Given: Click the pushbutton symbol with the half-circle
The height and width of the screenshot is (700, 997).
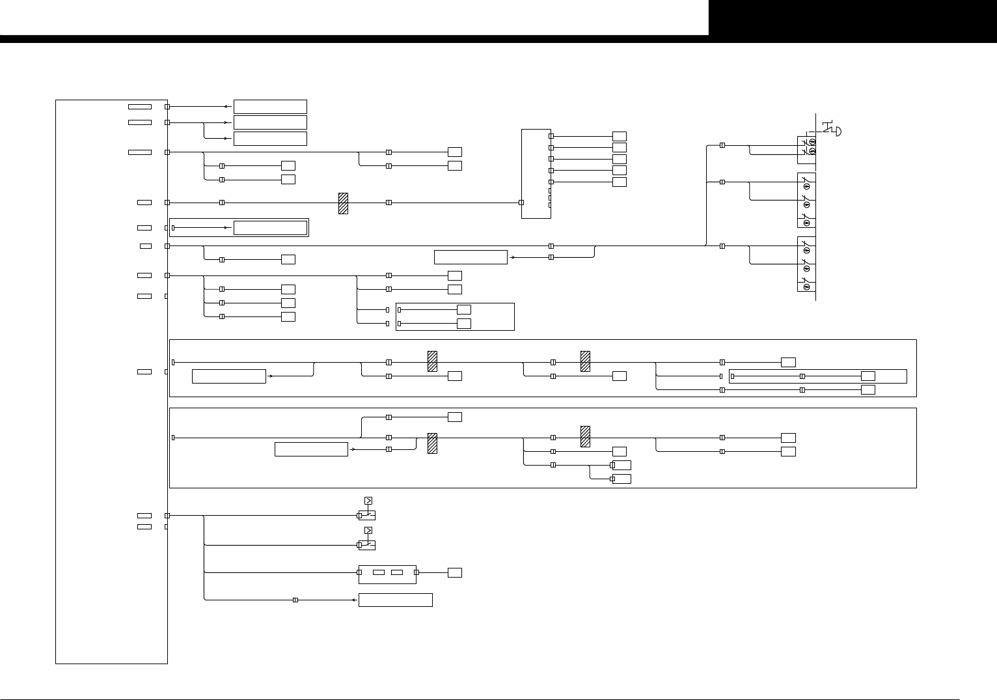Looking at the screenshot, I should pos(832,129).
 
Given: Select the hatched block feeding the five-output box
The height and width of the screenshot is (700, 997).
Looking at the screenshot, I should pos(343,203).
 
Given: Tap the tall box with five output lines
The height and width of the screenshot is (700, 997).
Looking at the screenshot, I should pos(536,173).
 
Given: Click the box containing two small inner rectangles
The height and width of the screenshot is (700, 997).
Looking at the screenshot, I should pos(387,572).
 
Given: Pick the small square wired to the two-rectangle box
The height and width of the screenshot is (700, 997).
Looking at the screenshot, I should pos(455,572).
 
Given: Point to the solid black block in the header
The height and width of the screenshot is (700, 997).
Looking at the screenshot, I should pos(853,18).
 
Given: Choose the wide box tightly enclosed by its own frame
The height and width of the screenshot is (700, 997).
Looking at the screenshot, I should pos(270,228).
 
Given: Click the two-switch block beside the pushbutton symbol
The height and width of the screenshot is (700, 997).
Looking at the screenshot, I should pos(806,149).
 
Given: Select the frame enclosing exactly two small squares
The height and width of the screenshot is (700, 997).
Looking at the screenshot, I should pos(455,316).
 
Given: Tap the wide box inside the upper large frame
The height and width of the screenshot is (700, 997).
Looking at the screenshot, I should pos(229,376).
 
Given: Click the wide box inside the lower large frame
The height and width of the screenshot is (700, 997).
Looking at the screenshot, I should pos(311,449).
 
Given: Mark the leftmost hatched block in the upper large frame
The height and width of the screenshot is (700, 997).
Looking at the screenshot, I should pos(432,361).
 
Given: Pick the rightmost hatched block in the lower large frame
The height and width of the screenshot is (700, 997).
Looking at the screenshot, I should pos(585,436).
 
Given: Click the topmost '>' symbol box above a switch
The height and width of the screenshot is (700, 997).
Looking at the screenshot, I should pos(368,501).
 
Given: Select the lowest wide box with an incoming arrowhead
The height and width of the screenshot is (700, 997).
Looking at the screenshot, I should pos(396,600).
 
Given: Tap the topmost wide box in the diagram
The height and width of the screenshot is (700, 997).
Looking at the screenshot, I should pos(270,107).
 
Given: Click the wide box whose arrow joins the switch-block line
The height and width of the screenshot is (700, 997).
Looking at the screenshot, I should pos(471,257).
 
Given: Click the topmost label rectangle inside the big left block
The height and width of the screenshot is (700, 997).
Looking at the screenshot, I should pos(140,107).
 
